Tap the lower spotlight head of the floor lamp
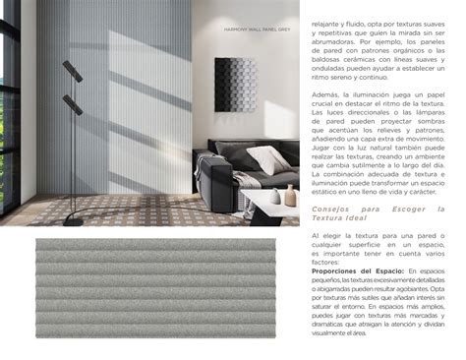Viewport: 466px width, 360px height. pos(71,104)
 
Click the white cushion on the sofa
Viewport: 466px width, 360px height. pos(266,157)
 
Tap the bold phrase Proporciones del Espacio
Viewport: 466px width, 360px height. pos(348,270)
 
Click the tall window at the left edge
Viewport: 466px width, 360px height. pos(10,108)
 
